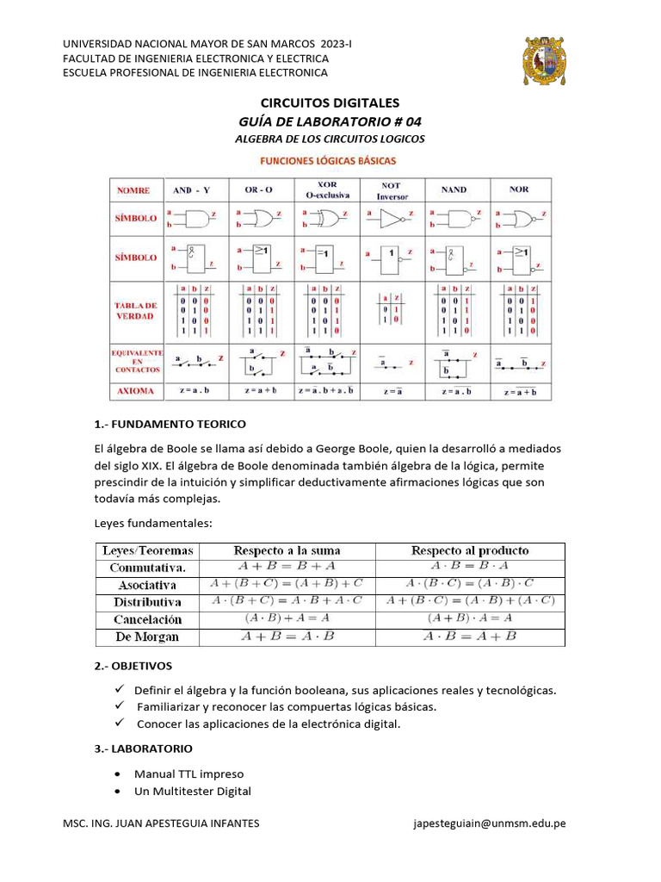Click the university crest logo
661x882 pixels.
(545, 62)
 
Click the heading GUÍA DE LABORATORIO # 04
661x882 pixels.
(330, 121)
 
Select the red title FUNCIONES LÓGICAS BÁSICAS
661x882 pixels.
(329, 160)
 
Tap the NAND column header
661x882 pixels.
(453, 189)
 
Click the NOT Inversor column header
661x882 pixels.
(392, 190)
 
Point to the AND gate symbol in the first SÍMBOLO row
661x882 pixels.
(197, 218)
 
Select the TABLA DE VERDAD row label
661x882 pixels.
(137, 311)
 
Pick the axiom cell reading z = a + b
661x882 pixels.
(262, 391)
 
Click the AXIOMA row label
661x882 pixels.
(136, 391)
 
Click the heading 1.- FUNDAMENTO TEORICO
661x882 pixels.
(170, 424)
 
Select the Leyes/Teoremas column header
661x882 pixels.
(149, 550)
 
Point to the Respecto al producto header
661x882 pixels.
(470, 550)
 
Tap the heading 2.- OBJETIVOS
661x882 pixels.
(133, 666)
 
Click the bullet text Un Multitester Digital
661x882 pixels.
(192, 791)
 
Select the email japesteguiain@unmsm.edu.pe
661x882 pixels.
(490, 823)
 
